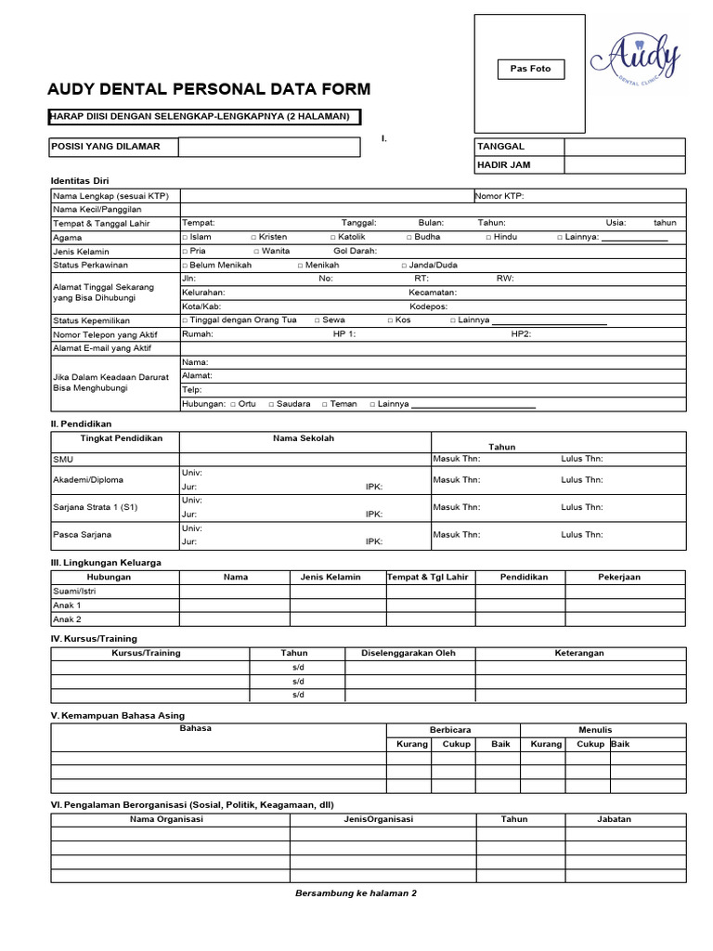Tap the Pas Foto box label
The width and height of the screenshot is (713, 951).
pyautogui.click(x=530, y=69)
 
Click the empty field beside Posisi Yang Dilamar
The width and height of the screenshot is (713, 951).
pyautogui.click(x=268, y=147)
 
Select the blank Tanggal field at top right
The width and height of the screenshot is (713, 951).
pyautogui.click(x=624, y=147)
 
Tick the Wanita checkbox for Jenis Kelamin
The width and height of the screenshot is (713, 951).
pyautogui.click(x=256, y=252)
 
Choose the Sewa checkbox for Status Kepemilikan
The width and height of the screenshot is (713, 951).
pyautogui.click(x=318, y=320)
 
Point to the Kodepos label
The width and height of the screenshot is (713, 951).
pyautogui.click(x=428, y=306)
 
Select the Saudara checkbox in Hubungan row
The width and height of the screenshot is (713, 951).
pyautogui.click(x=271, y=405)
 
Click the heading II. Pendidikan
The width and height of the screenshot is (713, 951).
pyautogui.click(x=81, y=423)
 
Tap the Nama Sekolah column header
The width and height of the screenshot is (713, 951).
pyautogui.click(x=304, y=438)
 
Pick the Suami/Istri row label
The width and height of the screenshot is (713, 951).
pyautogui.click(x=74, y=591)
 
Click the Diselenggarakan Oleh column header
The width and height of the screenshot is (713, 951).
pyautogui.click(x=408, y=653)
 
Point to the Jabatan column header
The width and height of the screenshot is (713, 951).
pyautogui.click(x=614, y=819)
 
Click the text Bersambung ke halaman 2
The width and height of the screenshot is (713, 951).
pyautogui.click(x=356, y=892)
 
